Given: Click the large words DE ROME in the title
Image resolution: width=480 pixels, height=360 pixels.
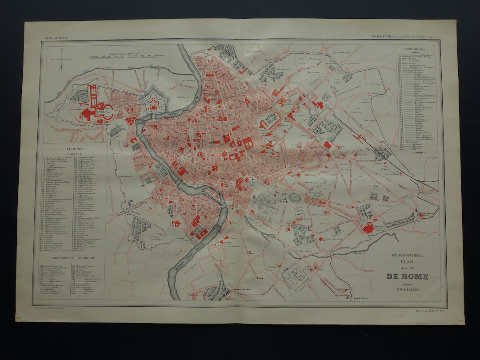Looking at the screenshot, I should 407,276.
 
